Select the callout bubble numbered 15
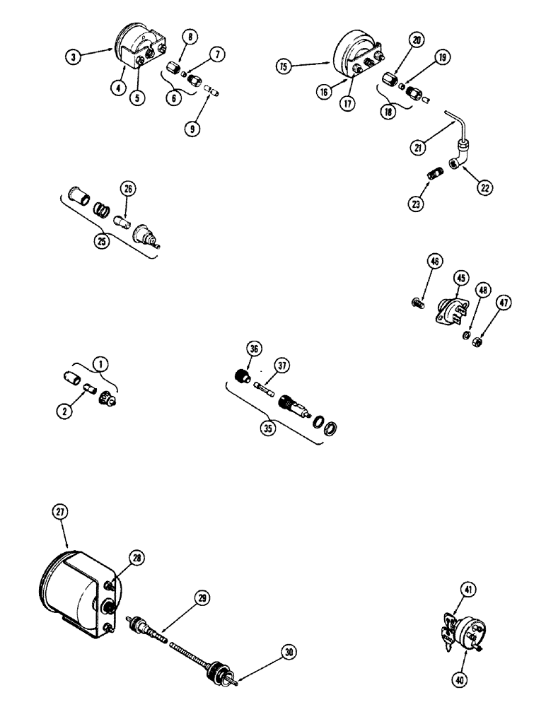(284, 66)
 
